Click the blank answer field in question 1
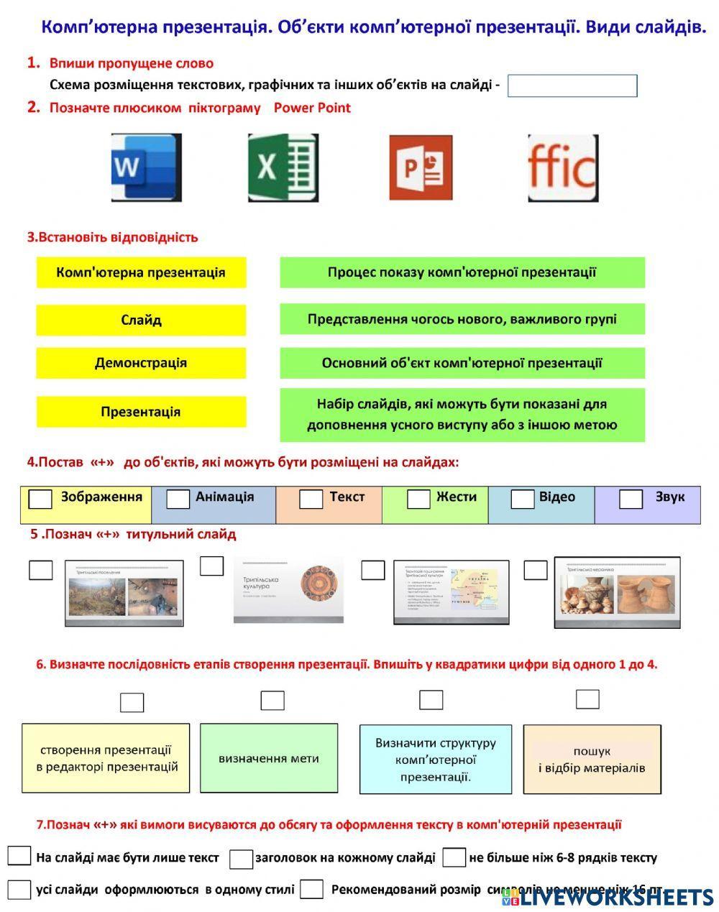click(x=572, y=86)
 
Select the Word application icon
click(x=146, y=167)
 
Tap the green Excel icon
click(x=283, y=167)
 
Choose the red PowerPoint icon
click(x=421, y=167)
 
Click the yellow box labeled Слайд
click(x=141, y=320)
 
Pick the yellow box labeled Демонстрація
click(x=141, y=363)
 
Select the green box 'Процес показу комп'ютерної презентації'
click(x=462, y=272)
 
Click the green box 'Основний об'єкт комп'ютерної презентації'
click(x=462, y=363)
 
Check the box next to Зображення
click(x=40, y=499)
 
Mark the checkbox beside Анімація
click(x=178, y=499)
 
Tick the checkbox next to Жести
click(x=418, y=499)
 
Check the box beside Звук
click(x=631, y=499)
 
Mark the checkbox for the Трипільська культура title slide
click(x=211, y=566)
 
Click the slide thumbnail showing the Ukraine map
click(x=451, y=591)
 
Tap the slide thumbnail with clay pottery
click(x=617, y=592)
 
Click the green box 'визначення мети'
click(x=268, y=757)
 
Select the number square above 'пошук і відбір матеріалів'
click(x=587, y=699)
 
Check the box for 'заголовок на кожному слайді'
click(x=242, y=859)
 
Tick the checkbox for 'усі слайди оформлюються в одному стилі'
click(x=19, y=890)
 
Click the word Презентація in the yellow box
click(x=141, y=412)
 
